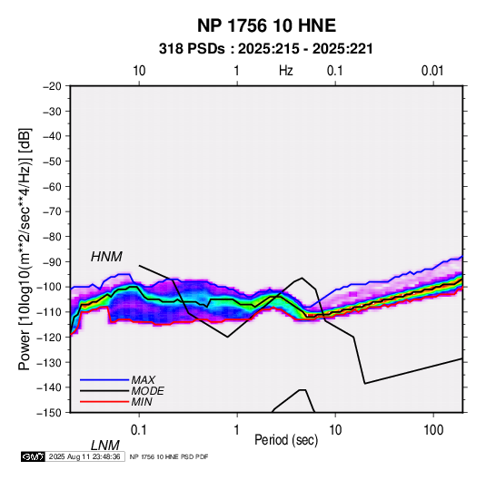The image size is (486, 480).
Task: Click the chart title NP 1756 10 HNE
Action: pos(266,25)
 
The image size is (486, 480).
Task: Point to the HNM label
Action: pos(106,257)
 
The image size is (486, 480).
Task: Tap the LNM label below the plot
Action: pos(105,446)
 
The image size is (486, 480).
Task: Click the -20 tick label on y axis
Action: pos(53,86)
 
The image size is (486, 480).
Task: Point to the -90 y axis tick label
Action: pos(53,262)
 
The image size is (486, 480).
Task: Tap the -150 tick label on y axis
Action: pos(49,413)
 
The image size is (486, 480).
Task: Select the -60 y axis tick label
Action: pos(53,186)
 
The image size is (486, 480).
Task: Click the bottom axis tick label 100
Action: pos(433,430)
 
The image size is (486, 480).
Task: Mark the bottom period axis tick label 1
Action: pos(237,430)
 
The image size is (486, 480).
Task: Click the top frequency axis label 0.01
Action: pos(432,71)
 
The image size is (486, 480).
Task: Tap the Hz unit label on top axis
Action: pos(286,71)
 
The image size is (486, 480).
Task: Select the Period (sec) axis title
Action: pos(286,440)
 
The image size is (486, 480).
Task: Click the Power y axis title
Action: pos(25,249)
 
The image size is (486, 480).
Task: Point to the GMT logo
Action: pos(33,456)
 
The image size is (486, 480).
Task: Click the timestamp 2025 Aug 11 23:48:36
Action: pos(84,456)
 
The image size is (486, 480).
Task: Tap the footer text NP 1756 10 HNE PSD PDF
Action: pos(169,456)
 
